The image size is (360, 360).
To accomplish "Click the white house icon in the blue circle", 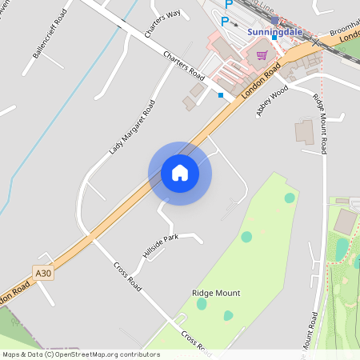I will coord(180,173).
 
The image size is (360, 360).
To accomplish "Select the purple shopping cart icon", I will coord(262,55).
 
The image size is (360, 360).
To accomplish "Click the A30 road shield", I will coord(43,274).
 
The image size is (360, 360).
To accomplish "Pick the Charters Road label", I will coord(184,65).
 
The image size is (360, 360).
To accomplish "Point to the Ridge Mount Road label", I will coord(320,124).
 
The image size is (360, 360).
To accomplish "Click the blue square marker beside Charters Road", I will coord(221,95).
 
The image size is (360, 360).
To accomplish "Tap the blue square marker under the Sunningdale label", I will coord(274,37).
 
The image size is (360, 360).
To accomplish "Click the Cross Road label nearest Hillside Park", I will coord(128,276).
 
